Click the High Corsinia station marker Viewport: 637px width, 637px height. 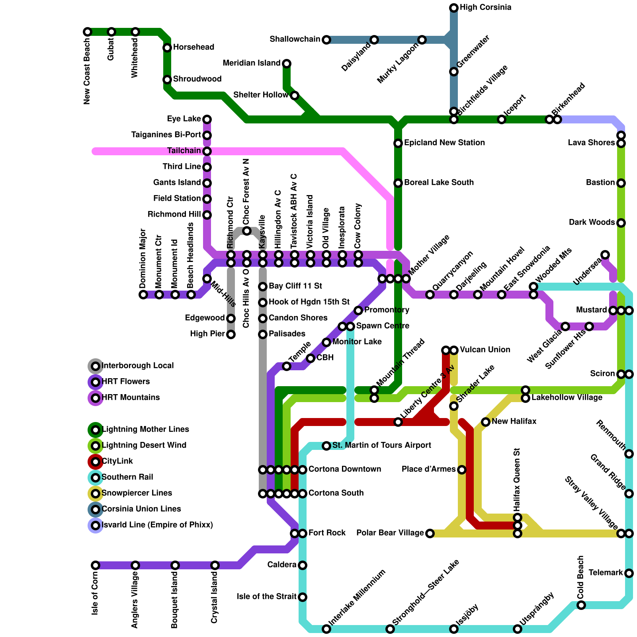(x=454, y=8)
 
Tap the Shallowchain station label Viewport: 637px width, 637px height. (x=295, y=39)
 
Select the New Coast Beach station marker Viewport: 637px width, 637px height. (x=88, y=32)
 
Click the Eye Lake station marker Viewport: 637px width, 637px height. (x=207, y=119)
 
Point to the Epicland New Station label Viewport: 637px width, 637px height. (x=444, y=143)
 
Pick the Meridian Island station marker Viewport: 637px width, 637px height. (x=287, y=64)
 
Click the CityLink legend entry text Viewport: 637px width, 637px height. (x=117, y=461)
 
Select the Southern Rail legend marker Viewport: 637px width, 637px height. (x=96, y=478)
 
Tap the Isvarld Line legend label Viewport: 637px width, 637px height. (x=157, y=525)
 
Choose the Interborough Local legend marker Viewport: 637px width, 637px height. (x=96, y=366)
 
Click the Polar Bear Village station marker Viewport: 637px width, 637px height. (x=430, y=533)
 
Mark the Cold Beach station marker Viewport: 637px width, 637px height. (x=581, y=605)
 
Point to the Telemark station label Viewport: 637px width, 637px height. (x=606, y=573)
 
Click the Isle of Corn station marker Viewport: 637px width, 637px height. (x=96, y=565)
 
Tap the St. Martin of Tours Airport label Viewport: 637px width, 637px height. (x=382, y=445)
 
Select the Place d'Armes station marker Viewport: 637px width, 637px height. (x=462, y=470)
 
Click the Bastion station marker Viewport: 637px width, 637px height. (x=621, y=183)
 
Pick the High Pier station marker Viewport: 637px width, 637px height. (x=231, y=334)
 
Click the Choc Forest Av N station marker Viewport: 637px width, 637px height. (x=247, y=231)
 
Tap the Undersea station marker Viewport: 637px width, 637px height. (x=605, y=255)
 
